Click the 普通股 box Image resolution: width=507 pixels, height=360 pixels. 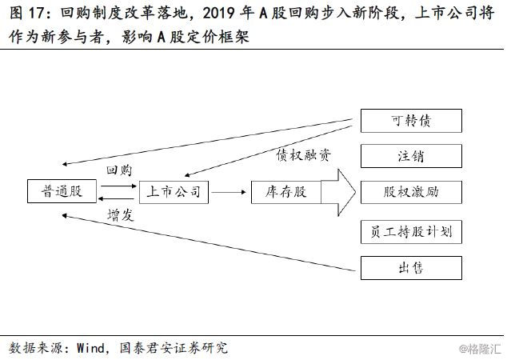tap(62, 191)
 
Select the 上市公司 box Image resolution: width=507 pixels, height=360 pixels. tap(174, 192)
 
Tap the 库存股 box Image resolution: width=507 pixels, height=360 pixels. tap(286, 192)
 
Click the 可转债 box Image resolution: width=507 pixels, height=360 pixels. tap(411, 121)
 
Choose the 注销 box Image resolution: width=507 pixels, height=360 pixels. tap(411, 156)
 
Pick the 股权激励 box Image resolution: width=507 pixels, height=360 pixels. tap(411, 192)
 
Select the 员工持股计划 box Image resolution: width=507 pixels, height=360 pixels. tap(411, 232)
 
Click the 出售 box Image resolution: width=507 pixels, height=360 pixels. tap(411, 268)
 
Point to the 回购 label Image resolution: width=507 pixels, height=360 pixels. tap(119, 170)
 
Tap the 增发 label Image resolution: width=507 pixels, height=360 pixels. tap(121, 215)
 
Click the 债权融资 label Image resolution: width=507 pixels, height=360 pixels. tap(304, 155)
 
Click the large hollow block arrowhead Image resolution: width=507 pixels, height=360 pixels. tap(346, 193)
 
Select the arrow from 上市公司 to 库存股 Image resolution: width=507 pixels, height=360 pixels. tap(229, 193)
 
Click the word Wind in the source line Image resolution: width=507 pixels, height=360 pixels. tap(90, 348)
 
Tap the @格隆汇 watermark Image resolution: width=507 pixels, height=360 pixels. tap(480, 349)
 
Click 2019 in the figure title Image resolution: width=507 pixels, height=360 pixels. tap(219, 14)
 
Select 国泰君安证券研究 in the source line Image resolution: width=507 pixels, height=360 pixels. tap(174, 348)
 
